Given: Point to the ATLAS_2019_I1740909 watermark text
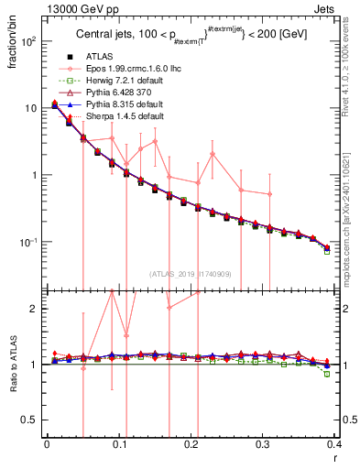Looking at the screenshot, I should point(191,274).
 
